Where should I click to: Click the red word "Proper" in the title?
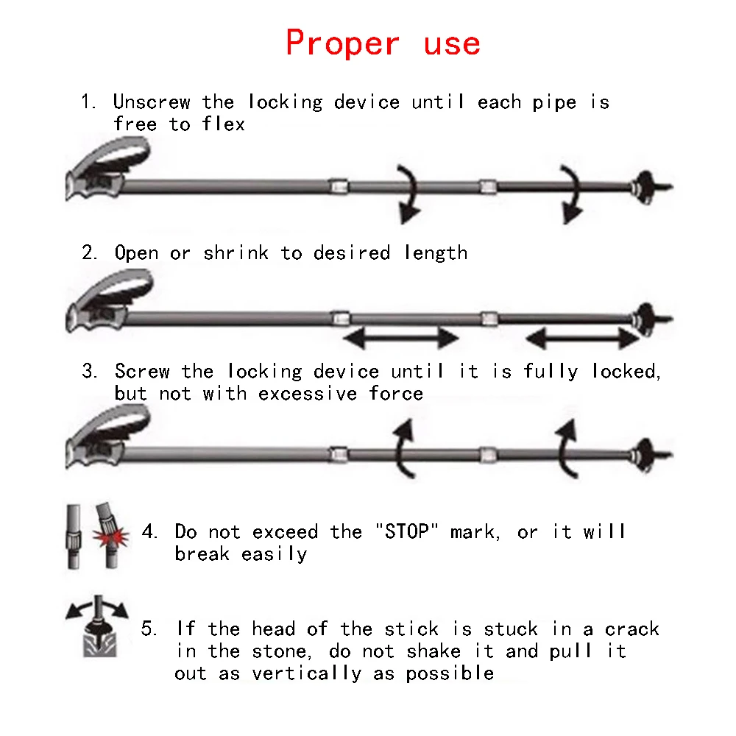tap(343, 43)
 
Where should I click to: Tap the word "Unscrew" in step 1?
tap(152, 102)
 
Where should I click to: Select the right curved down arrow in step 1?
tap(569, 194)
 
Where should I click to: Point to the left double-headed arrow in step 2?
tap(402, 339)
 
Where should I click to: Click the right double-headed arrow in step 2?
tap(583, 339)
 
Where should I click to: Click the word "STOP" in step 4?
tap(406, 531)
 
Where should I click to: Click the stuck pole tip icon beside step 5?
tap(96, 629)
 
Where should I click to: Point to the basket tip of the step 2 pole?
tap(645, 318)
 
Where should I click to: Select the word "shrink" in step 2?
tap(236, 253)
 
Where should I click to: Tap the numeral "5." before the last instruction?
tap(149, 629)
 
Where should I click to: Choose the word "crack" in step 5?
tap(631, 629)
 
